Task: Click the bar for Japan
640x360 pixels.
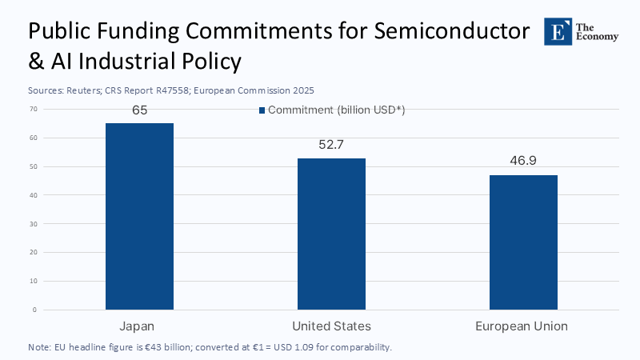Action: click(x=139, y=216)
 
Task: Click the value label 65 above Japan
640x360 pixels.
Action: click(x=140, y=110)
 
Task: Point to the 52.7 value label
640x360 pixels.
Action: click(x=331, y=146)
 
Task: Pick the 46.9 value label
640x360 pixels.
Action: click(x=523, y=161)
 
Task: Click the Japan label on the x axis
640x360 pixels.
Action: click(x=139, y=326)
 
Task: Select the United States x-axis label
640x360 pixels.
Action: click(x=331, y=326)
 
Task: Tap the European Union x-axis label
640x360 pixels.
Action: click(x=522, y=326)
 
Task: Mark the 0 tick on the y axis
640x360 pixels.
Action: click(x=34, y=310)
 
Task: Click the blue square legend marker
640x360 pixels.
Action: click(x=262, y=110)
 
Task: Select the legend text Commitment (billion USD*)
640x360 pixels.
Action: click(x=336, y=110)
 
